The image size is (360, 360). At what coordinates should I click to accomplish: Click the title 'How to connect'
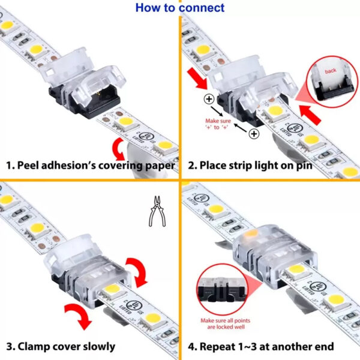pyautogui.click(x=180, y=8)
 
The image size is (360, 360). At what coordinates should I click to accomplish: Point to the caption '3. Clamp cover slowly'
pyautogui.click(x=61, y=346)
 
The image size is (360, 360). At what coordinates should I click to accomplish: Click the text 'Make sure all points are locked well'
pyautogui.click(x=223, y=325)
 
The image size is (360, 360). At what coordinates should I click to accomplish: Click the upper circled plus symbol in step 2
pyautogui.click(x=209, y=99)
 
